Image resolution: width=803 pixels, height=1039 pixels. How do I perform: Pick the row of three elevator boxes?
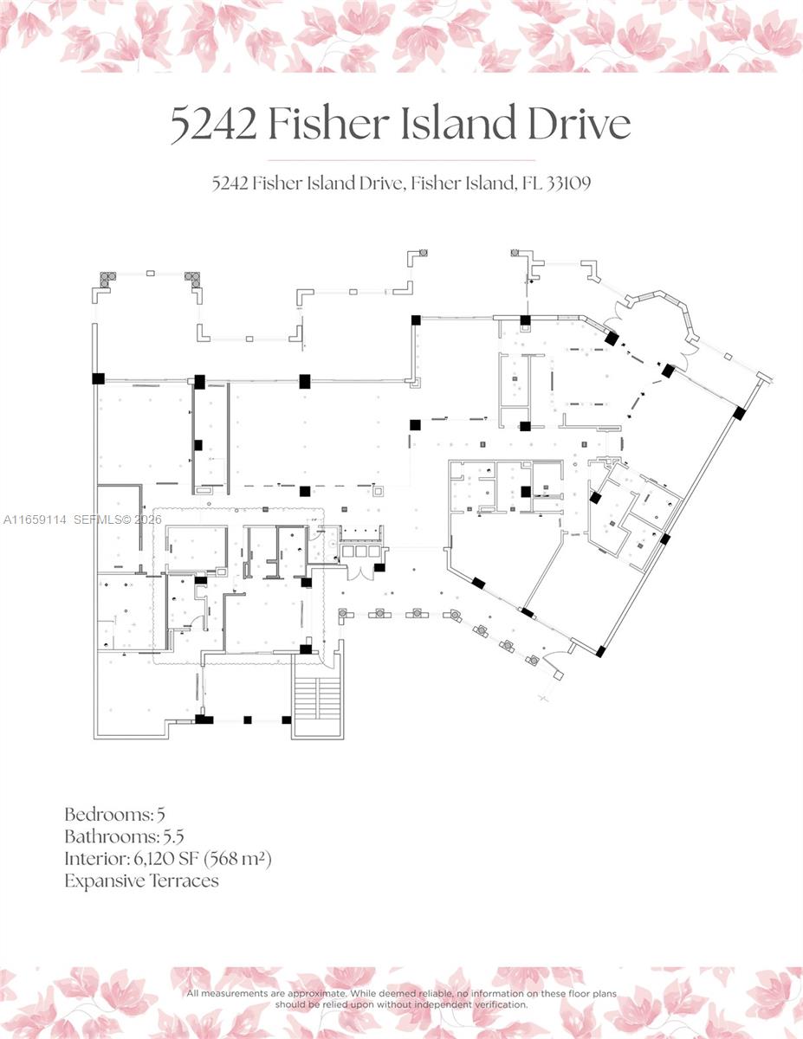362,550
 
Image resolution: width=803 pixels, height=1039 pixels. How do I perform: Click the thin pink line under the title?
401,161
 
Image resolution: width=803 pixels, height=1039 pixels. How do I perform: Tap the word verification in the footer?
495,1005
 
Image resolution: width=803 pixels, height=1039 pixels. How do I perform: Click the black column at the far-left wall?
98,378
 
